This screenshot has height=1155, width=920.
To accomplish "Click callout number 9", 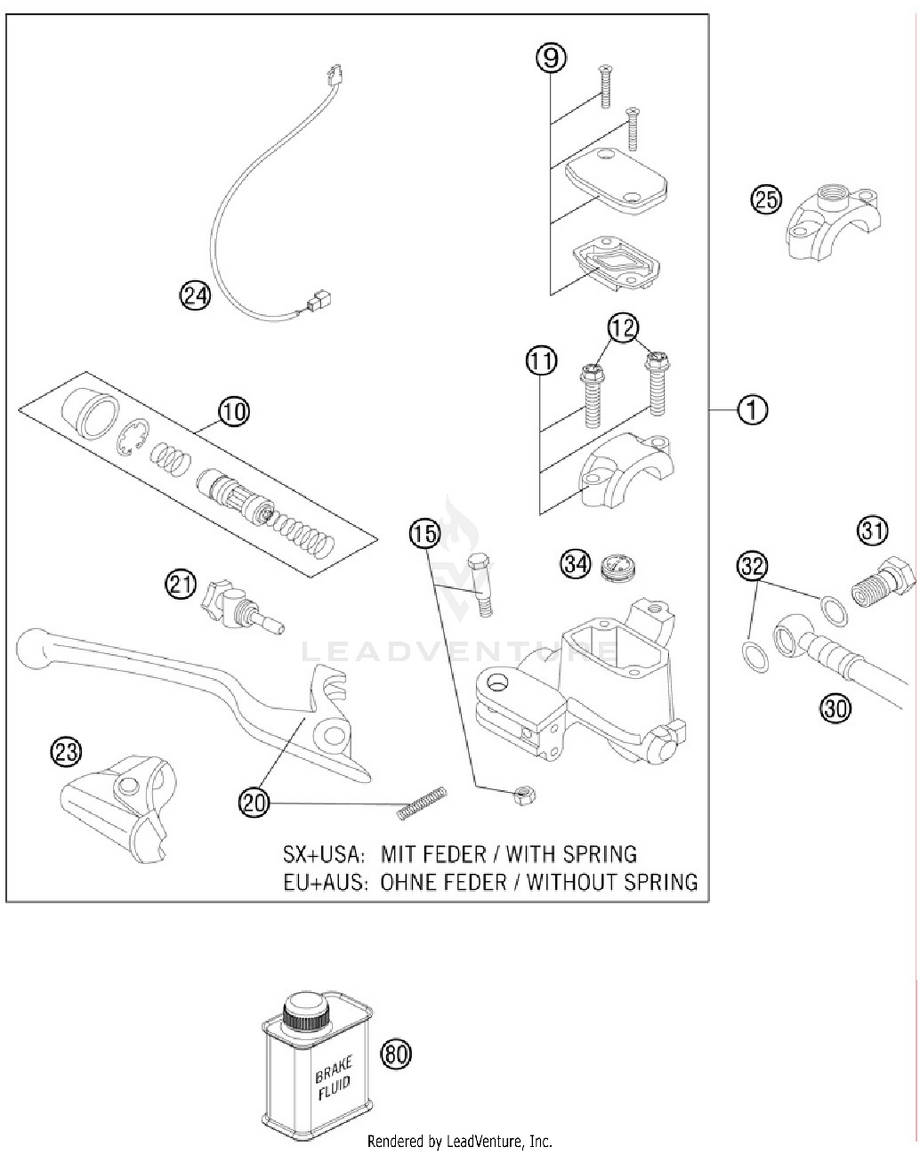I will [550, 58].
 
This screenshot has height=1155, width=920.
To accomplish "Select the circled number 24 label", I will [195, 296].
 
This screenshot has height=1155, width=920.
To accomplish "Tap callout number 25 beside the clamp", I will [767, 200].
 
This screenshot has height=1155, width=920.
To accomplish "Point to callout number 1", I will [752, 410].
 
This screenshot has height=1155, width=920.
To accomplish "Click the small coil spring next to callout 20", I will [421, 804].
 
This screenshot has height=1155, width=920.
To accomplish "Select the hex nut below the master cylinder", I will [524, 796].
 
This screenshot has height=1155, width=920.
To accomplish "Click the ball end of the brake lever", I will [31, 648].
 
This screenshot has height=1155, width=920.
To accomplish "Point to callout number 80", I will [396, 1054].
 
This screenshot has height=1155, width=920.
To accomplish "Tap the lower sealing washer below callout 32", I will [755, 657].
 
